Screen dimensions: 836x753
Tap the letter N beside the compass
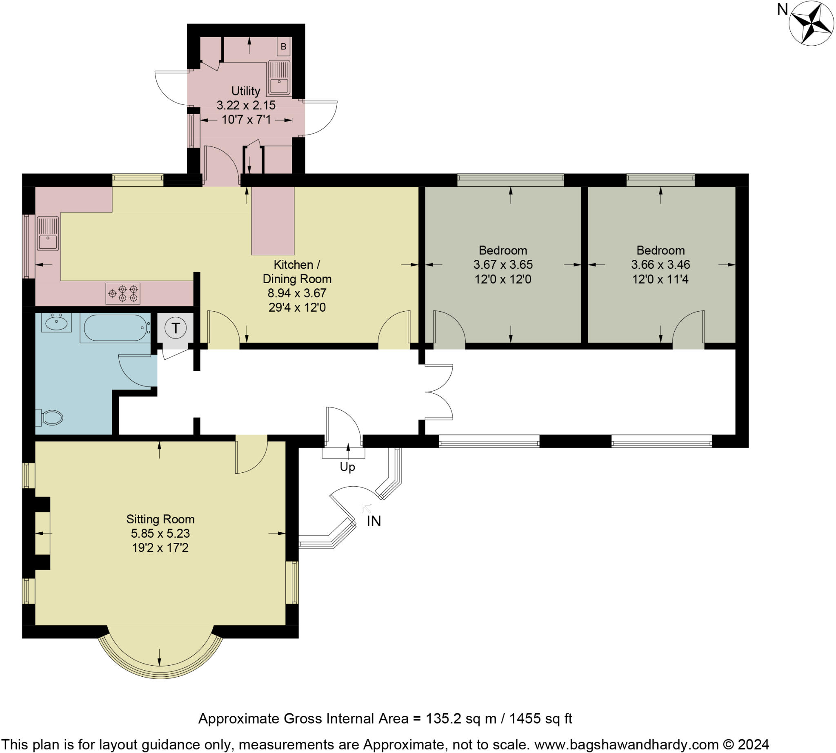pyautogui.click(x=782, y=9)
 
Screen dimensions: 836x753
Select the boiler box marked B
pyautogui.click(x=283, y=47)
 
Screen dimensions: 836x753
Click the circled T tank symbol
pyautogui.click(x=176, y=328)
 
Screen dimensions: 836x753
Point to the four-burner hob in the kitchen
pyautogui.click(x=122, y=293)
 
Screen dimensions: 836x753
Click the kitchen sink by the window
pyautogui.click(x=48, y=234)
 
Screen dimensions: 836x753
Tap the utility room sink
pyautogui.click(x=279, y=78)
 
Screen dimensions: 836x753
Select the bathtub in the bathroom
pyautogui.click(x=115, y=328)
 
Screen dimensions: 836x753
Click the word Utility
pyautogui.click(x=246, y=91)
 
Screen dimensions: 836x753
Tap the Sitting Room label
pyautogui.click(x=160, y=519)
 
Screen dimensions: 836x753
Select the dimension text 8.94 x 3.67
pyautogui.click(x=297, y=293)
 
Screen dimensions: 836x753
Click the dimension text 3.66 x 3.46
pyautogui.click(x=660, y=264)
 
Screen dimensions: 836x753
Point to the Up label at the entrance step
pyautogui.click(x=347, y=467)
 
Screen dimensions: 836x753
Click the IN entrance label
pyautogui.click(x=374, y=521)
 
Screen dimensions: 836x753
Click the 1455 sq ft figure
pyautogui.click(x=540, y=718)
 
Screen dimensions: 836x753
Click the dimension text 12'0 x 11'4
pyautogui.click(x=660, y=279)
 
